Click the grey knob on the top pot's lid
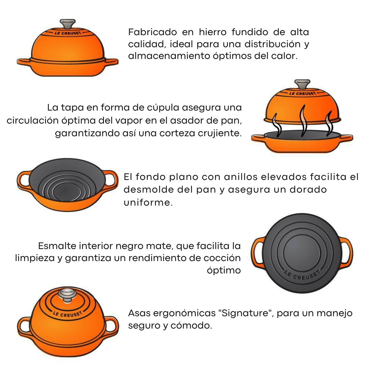click(68, 24)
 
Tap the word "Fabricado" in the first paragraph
click(153, 32)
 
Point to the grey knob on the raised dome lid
click(302, 84)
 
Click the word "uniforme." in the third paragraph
click(148, 202)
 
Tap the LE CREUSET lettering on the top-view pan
click(302, 275)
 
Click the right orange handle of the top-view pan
click(346, 253)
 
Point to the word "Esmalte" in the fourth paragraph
click(57, 246)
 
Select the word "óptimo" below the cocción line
click(224, 271)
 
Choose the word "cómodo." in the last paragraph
click(191, 325)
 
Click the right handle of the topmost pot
click(111, 62)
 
